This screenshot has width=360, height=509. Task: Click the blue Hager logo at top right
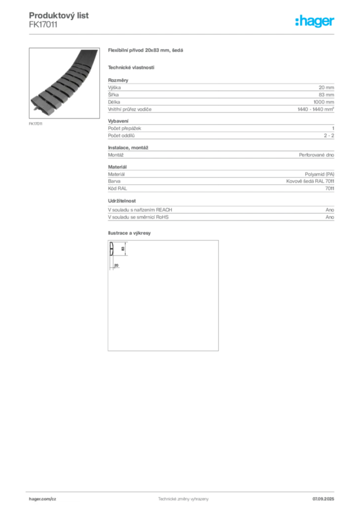coord(315,21)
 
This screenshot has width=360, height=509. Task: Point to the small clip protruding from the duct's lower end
coord(34,106)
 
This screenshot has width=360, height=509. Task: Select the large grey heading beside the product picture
coord(147,51)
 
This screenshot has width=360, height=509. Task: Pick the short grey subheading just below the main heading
coord(131,68)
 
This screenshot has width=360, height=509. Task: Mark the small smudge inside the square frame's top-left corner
coord(112,247)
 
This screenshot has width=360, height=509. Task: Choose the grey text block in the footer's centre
coord(181,498)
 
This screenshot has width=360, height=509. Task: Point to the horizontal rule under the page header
coord(183,34)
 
